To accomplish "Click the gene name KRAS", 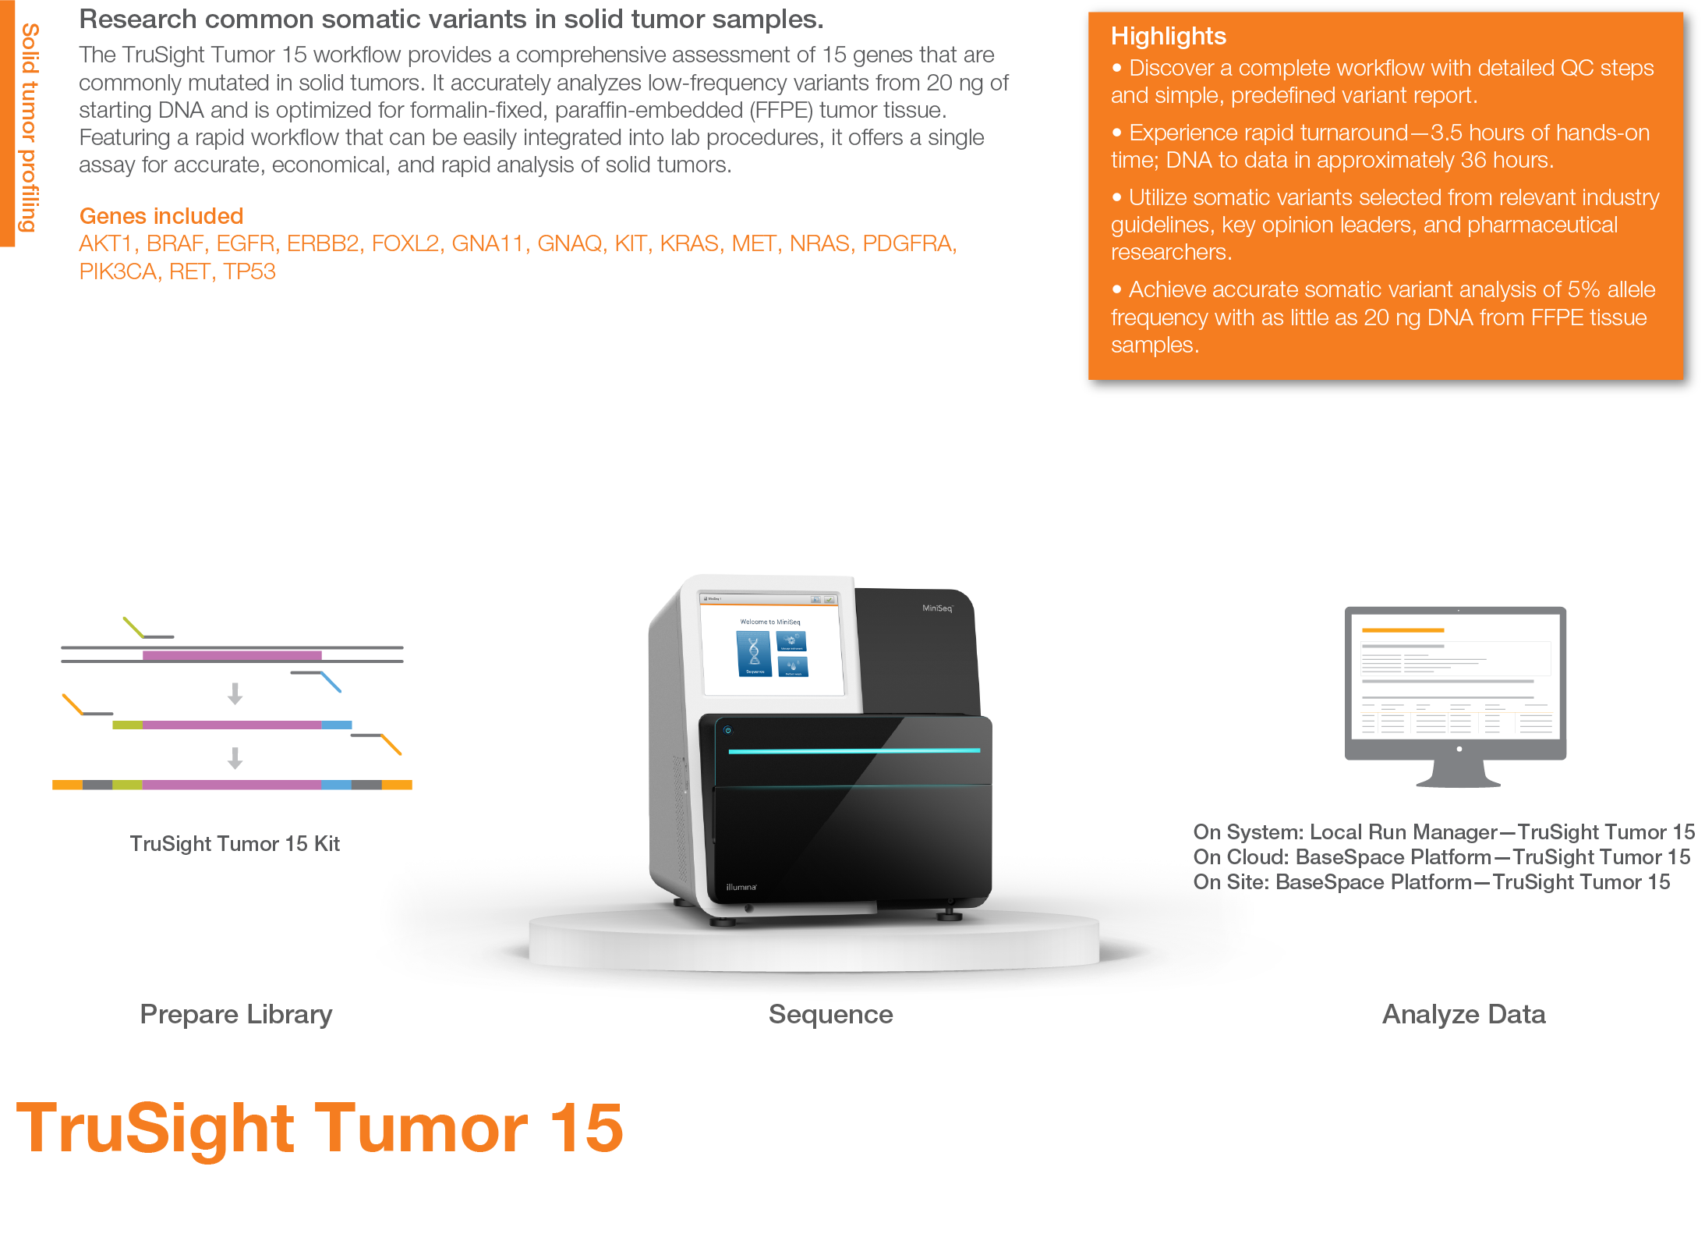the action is (x=689, y=243).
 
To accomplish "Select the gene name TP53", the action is (x=249, y=271).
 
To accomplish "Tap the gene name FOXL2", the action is (x=405, y=243).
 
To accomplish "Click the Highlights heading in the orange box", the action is (x=1168, y=36).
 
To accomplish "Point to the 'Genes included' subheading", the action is (x=161, y=215).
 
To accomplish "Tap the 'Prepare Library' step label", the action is (x=236, y=1014).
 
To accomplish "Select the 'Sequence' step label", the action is (x=830, y=1014).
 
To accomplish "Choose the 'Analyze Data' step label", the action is (x=1463, y=1014).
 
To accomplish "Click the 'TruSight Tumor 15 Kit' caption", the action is (x=235, y=843).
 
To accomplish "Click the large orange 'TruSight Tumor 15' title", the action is (x=320, y=1128).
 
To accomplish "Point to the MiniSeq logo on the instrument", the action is (x=937, y=608).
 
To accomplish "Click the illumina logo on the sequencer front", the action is (x=741, y=887).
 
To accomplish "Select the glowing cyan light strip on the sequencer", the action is (x=854, y=750).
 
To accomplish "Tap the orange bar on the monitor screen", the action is (x=1403, y=629).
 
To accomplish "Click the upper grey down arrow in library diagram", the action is (x=235, y=693).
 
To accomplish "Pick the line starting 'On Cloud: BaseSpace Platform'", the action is (x=1441, y=856).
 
